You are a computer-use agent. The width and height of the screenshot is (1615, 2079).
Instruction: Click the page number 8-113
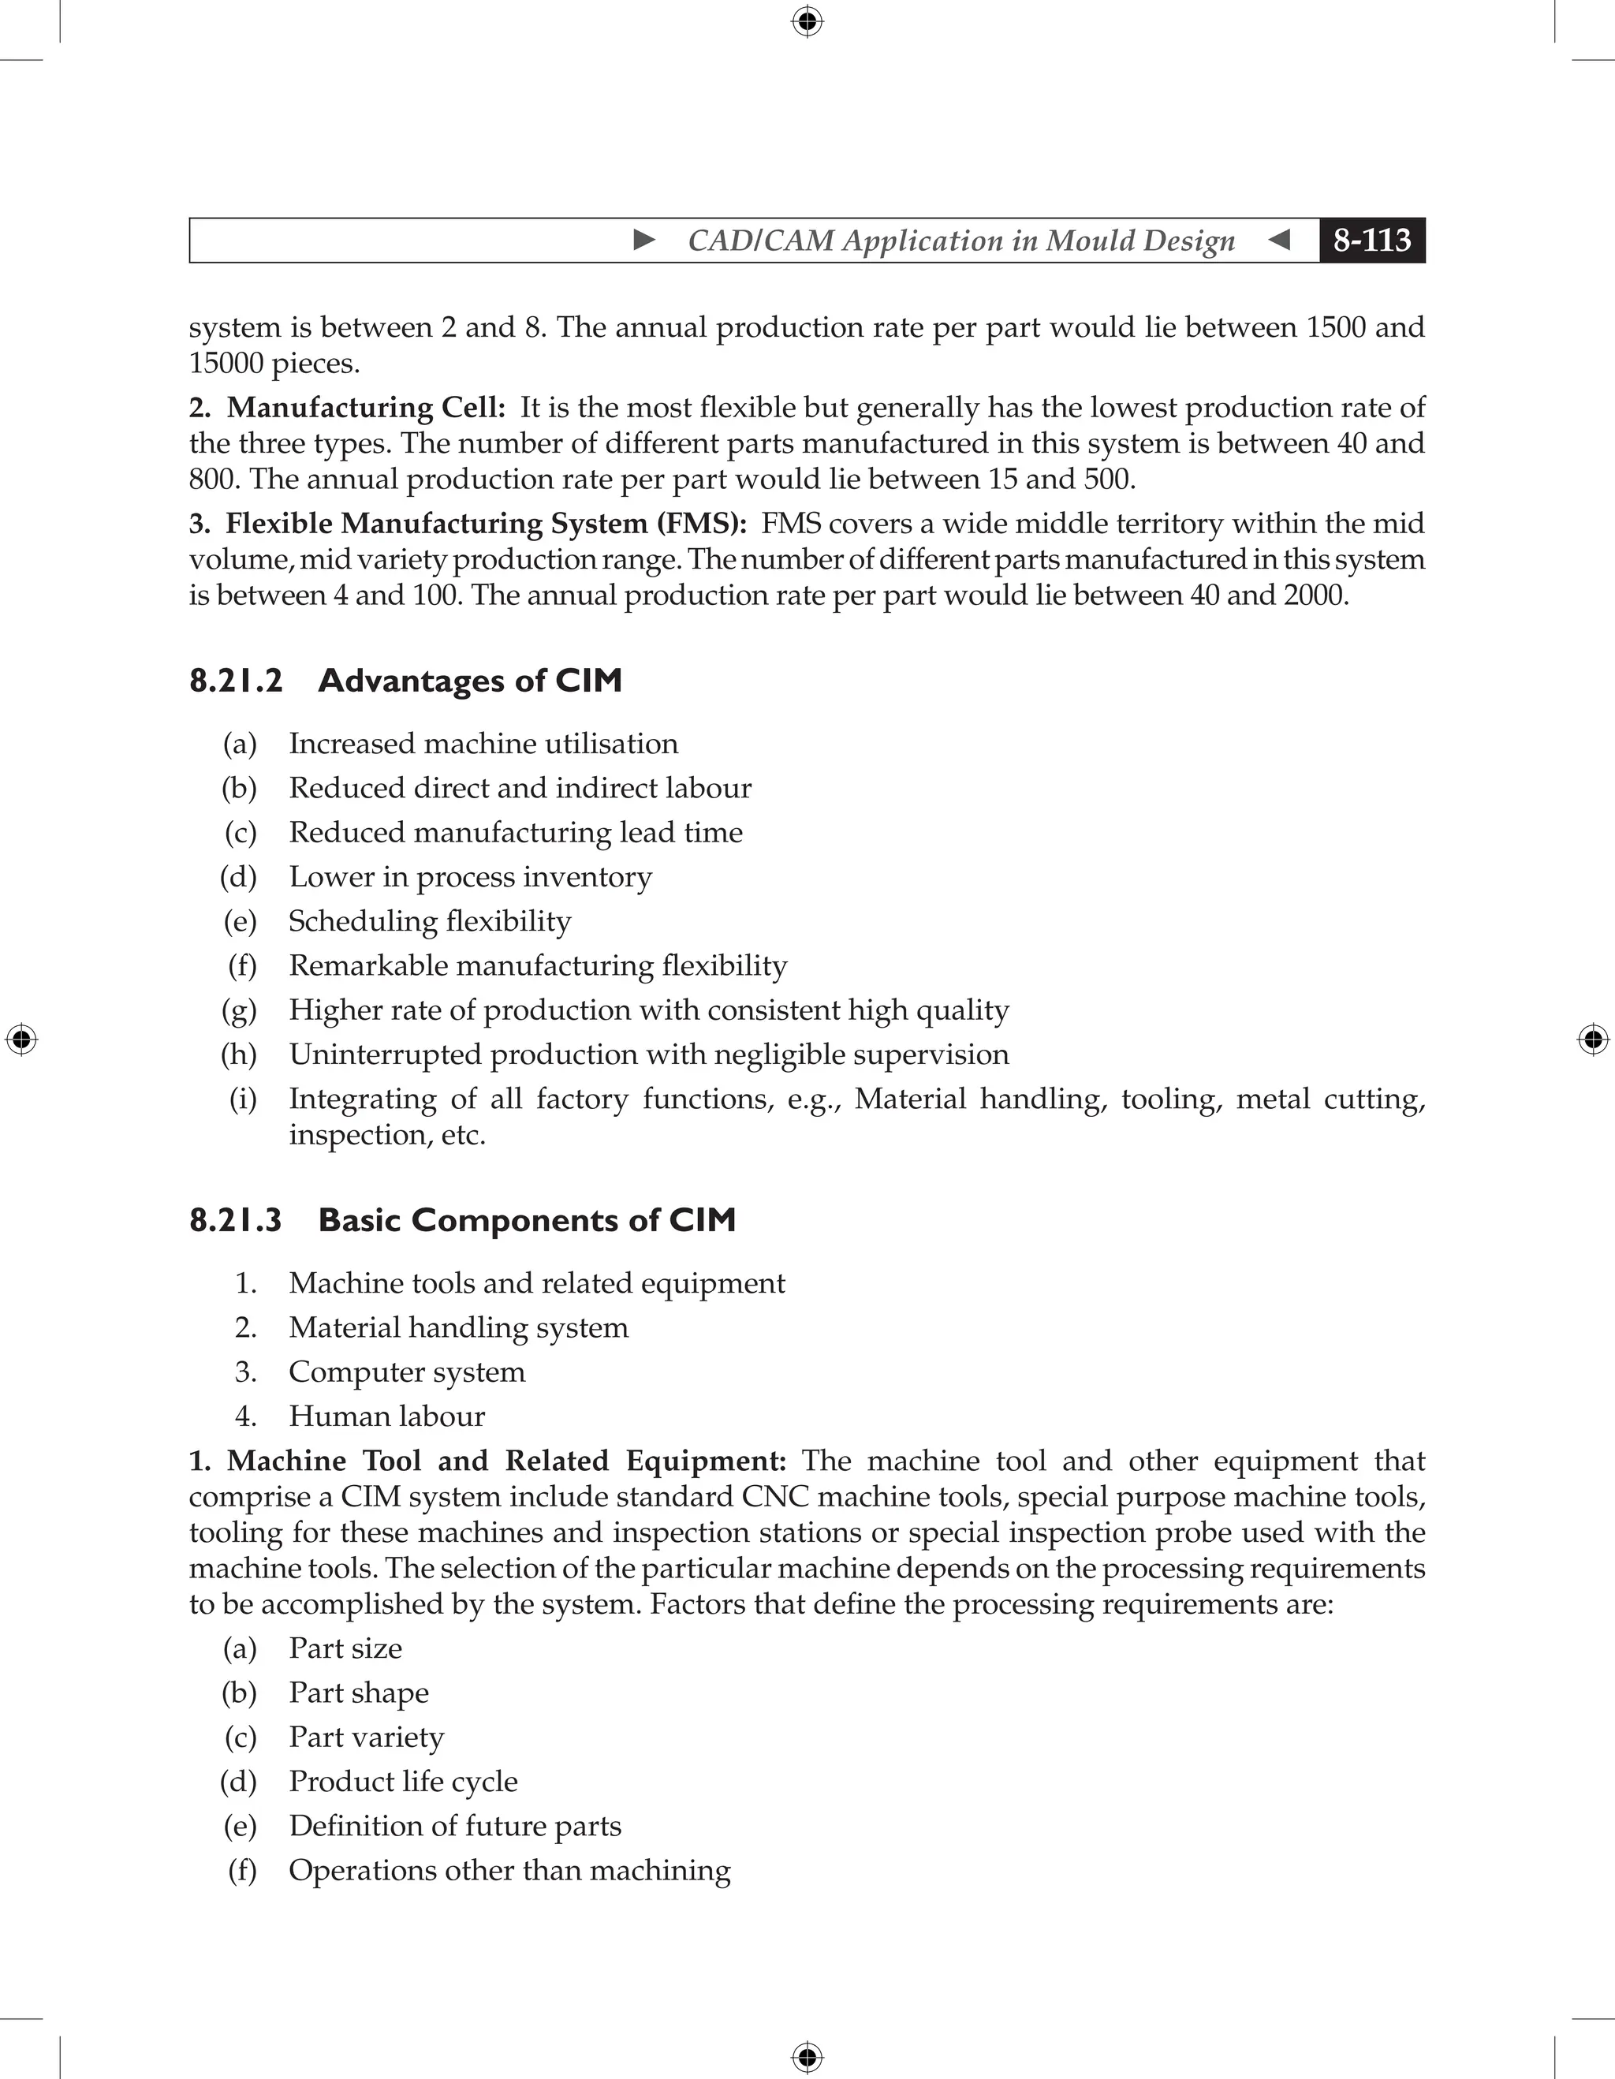(x=1371, y=240)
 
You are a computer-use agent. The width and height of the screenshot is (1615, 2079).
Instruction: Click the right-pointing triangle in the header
(x=644, y=240)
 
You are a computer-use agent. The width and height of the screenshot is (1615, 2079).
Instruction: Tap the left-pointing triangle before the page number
(x=1280, y=240)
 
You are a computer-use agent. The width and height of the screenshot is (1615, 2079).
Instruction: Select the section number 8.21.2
(x=236, y=681)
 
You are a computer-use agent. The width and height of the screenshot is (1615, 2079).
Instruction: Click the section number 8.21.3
(x=236, y=1220)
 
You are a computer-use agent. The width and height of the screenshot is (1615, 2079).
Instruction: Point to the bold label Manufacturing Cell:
(x=365, y=408)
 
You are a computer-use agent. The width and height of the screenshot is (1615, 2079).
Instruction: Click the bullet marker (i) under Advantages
(x=242, y=1099)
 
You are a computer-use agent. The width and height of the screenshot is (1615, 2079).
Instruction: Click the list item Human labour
(x=386, y=1416)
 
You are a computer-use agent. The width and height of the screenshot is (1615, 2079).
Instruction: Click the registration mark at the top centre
(x=807, y=21)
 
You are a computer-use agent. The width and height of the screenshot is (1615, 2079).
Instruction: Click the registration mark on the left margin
(x=21, y=1039)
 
